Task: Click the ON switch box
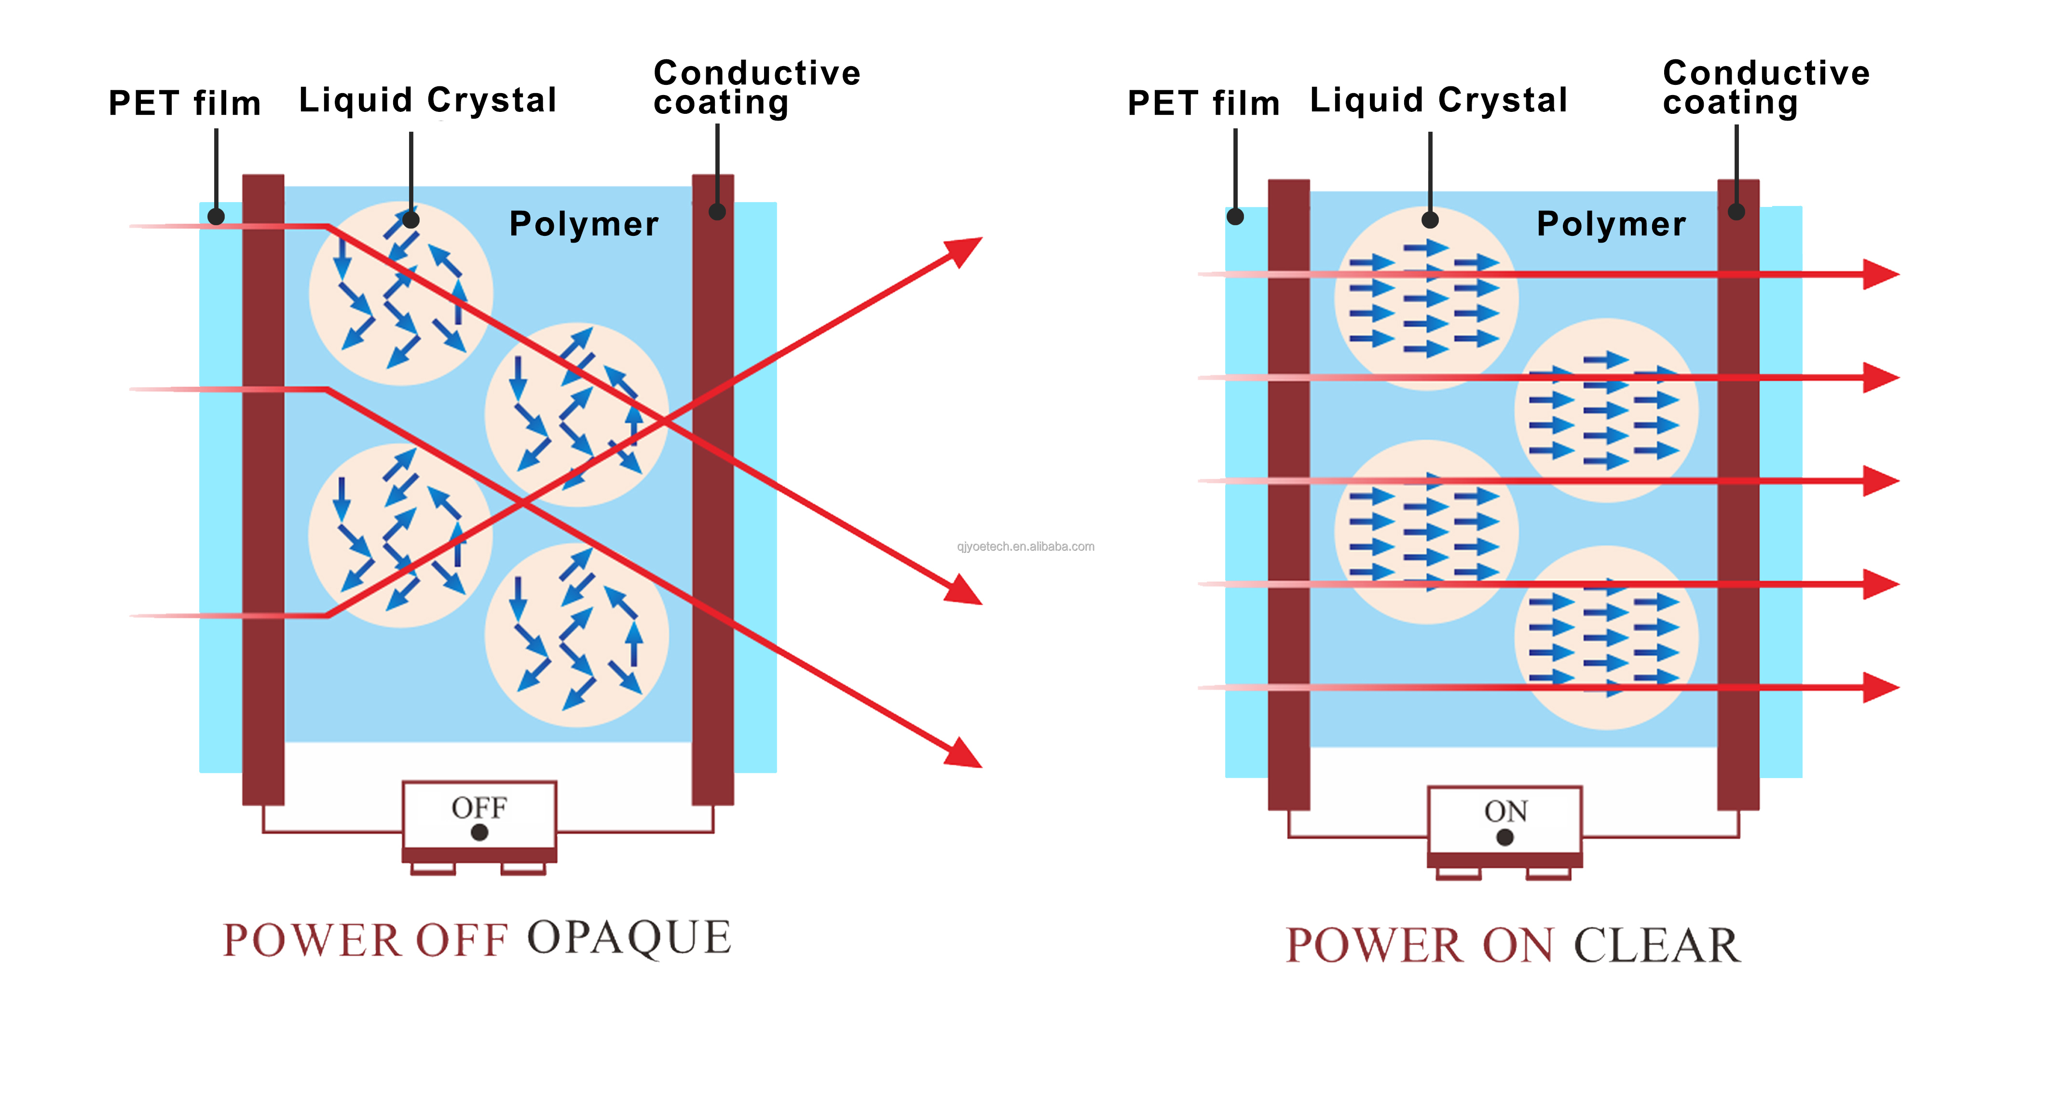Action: tap(1505, 820)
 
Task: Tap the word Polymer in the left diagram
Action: tap(584, 224)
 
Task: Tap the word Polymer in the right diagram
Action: tap(1611, 224)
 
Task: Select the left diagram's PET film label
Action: tap(185, 104)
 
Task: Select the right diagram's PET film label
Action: tap(1203, 104)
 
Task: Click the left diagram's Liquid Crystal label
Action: tap(427, 100)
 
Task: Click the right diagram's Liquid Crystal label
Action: tap(1439, 100)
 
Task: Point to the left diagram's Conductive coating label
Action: tap(756, 88)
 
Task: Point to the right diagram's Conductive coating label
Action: tap(1766, 88)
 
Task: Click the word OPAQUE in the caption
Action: tap(629, 937)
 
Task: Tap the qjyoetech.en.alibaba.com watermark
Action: tap(1025, 546)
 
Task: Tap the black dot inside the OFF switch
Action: tap(479, 832)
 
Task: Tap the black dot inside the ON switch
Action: tap(1505, 837)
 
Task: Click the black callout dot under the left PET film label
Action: tap(216, 216)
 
